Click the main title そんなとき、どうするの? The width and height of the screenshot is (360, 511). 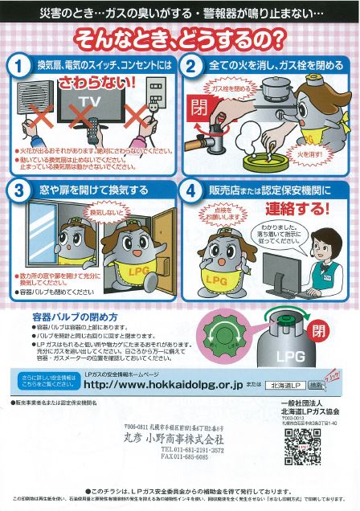(180, 37)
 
